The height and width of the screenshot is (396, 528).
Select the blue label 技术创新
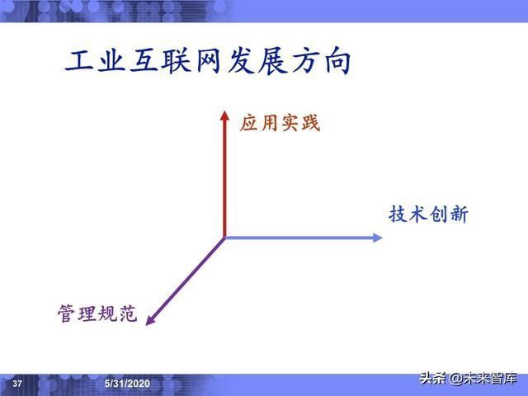coord(428,214)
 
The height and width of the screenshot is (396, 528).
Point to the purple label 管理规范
coord(97,314)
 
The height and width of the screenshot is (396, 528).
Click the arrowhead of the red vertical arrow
coord(224,115)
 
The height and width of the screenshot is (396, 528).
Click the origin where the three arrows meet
coord(224,238)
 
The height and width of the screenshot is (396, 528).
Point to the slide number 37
coord(17,384)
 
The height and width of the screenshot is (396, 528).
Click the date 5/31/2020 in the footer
coord(127,384)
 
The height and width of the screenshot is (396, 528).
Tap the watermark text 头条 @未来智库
coord(467,379)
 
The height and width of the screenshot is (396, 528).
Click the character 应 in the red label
coord(249,124)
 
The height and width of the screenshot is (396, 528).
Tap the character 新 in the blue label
coord(458,214)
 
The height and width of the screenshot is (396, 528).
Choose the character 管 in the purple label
coord(67,314)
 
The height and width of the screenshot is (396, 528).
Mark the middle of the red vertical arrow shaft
coord(224,177)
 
